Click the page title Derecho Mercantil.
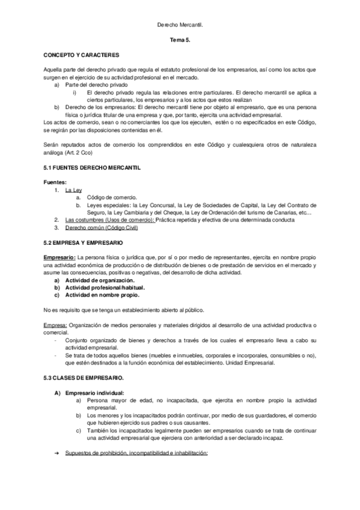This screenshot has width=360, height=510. coord(180,26)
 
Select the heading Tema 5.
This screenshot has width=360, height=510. coord(180,40)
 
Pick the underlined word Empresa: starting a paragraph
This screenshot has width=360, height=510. coord(55,325)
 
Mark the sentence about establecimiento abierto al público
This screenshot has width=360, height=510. coord(124,310)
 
